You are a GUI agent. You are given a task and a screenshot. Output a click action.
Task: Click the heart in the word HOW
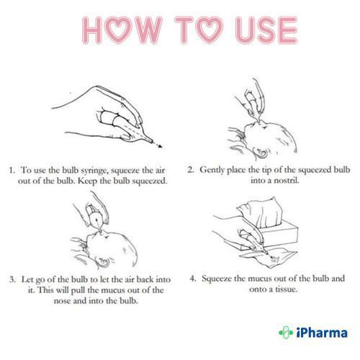119,30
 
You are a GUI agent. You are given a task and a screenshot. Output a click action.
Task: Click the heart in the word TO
208,30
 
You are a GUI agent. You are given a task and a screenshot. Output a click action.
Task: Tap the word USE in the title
266,30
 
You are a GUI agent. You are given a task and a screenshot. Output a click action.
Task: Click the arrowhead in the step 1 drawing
160,146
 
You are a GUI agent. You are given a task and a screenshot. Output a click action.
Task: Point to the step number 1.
12,170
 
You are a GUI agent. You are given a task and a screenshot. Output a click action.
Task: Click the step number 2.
191,170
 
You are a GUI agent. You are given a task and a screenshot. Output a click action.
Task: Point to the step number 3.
12,279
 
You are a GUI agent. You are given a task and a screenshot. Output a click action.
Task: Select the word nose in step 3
62,301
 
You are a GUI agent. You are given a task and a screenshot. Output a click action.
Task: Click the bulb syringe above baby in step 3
96,217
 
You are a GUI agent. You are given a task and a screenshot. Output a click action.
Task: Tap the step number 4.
193,279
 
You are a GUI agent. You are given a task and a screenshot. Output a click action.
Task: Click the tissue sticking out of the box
261,212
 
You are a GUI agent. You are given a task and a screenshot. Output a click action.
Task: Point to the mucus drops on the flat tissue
275,259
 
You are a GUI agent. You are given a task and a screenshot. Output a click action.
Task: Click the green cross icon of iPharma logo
286,333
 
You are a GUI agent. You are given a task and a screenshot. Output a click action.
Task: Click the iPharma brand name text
322,333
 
